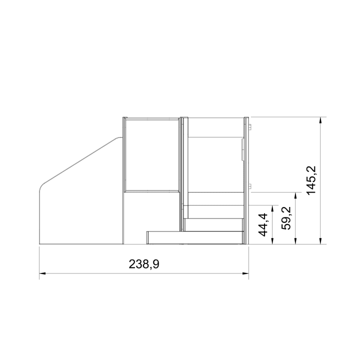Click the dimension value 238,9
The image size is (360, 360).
(x=144, y=264)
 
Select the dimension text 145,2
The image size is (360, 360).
(x=311, y=180)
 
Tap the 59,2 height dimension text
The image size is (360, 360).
(x=286, y=218)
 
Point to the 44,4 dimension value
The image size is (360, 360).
(x=263, y=224)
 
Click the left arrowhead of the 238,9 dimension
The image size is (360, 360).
(x=42, y=273)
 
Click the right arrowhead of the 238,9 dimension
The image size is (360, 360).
(x=245, y=273)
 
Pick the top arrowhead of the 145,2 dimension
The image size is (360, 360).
(x=320, y=120)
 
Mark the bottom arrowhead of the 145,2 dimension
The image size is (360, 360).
(x=320, y=241)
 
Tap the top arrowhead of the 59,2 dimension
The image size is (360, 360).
(x=296, y=195)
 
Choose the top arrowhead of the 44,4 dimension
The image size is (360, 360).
(x=272, y=208)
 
